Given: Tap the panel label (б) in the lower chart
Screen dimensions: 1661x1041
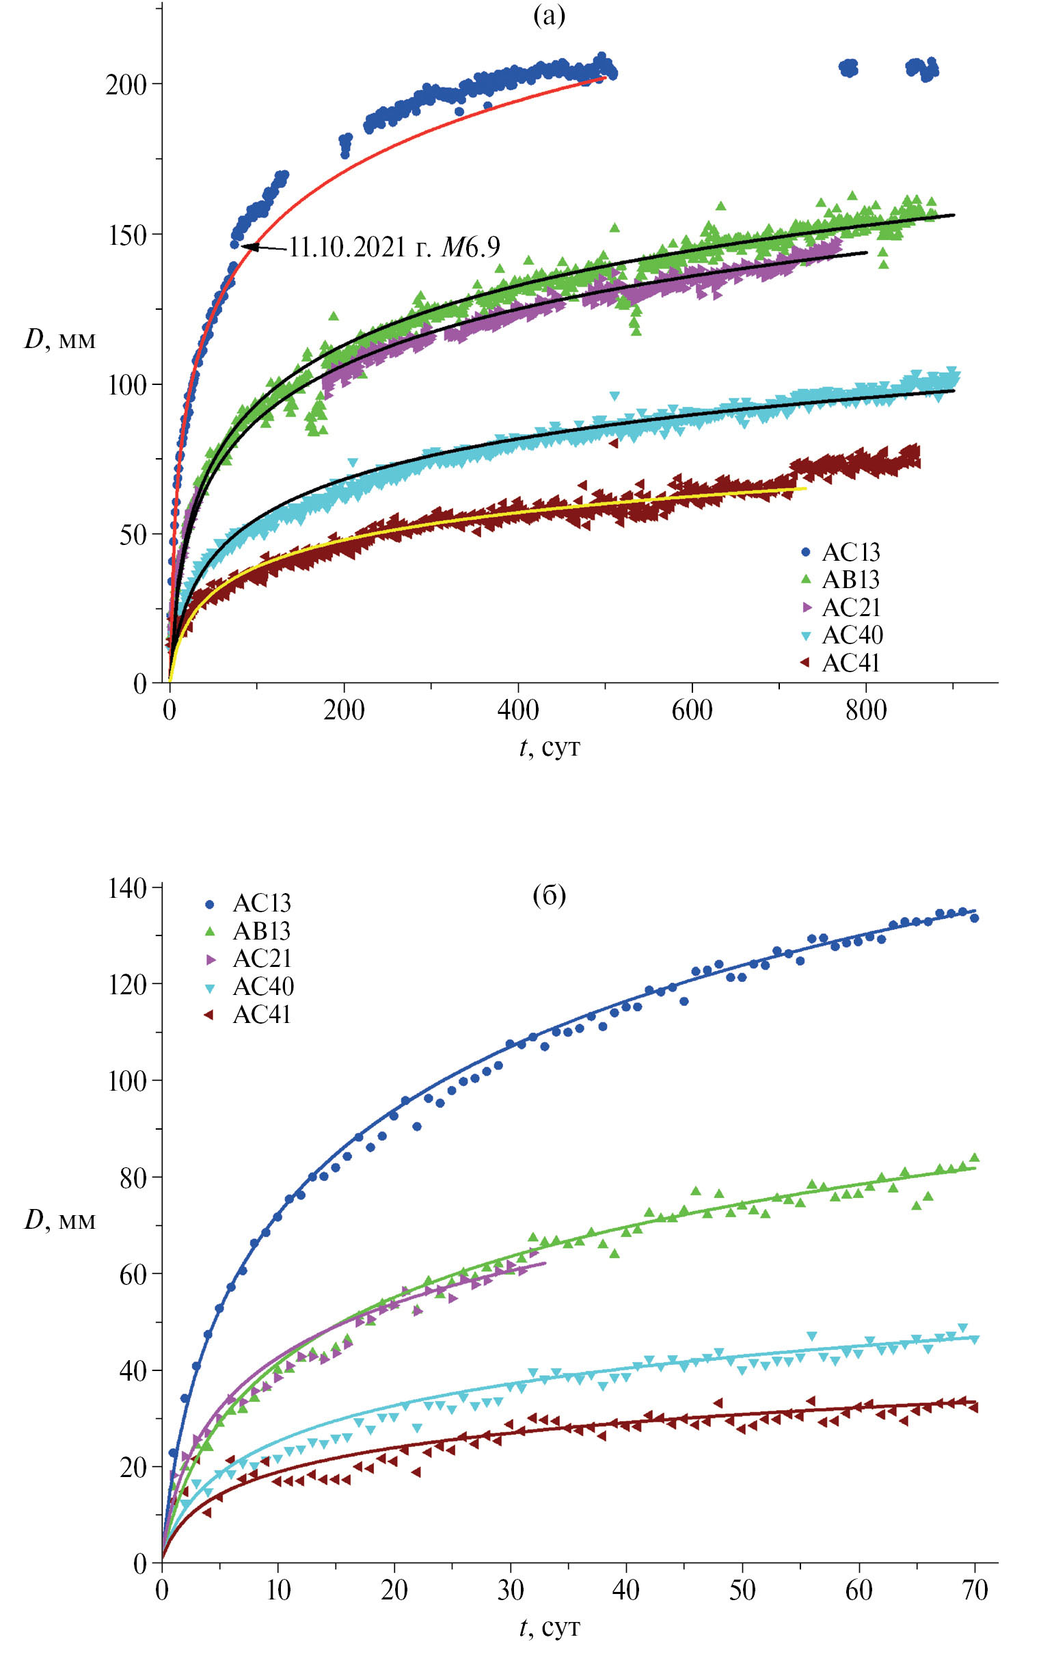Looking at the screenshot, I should point(549,895).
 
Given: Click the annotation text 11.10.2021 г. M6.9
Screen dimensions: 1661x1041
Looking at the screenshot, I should point(394,248).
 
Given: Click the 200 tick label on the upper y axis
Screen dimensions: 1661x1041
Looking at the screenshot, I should point(126,85).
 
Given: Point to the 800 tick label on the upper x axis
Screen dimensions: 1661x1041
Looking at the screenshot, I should point(865,710).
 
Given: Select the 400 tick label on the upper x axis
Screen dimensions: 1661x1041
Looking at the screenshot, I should point(517,710).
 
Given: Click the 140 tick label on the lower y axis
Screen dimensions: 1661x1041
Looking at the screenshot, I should point(127,888).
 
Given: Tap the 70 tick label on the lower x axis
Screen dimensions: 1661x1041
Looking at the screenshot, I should point(975,1590).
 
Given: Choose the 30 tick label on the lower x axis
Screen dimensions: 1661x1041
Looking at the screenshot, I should point(510,1590).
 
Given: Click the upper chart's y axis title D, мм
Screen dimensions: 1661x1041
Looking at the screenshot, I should point(60,339).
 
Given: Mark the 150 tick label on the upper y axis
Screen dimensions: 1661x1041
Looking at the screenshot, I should point(126,235).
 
